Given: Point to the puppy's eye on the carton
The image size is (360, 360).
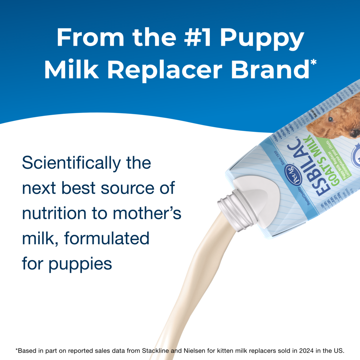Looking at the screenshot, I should pos(330,119).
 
